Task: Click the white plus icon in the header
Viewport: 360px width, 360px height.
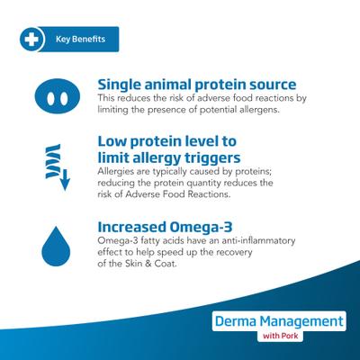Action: [31, 40]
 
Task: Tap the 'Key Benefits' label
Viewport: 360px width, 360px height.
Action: [80, 40]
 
